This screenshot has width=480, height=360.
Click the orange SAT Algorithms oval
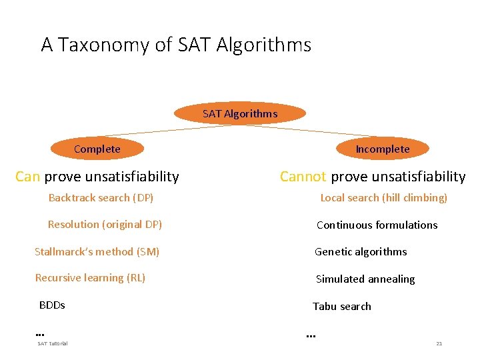[240, 113]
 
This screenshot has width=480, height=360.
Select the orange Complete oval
[97, 149]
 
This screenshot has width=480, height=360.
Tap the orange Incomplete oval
[382, 149]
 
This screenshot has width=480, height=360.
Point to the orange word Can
[27, 177]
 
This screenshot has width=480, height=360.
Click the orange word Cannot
[303, 177]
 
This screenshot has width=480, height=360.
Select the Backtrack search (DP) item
[101, 198]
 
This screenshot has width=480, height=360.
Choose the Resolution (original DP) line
[105, 225]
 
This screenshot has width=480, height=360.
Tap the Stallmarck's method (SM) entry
[97, 251]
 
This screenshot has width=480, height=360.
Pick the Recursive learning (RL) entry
[90, 278]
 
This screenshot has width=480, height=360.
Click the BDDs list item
[52, 305]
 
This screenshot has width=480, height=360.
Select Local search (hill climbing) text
[383, 198]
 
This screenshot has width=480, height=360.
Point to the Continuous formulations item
[377, 225]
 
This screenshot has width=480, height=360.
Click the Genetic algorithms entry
[361, 252]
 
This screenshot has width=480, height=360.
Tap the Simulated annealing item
[365, 279]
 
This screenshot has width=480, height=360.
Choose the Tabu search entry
[342, 307]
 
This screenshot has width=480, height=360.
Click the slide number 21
[439, 343]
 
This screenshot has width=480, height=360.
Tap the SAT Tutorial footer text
[52, 343]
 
